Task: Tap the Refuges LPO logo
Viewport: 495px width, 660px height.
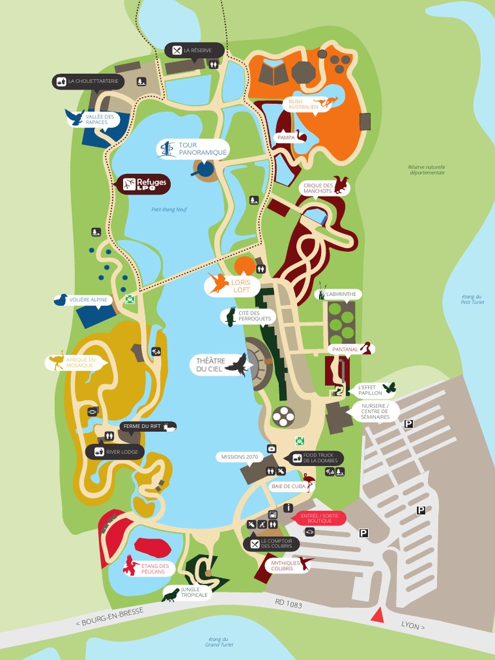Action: pyautogui.click(x=144, y=184)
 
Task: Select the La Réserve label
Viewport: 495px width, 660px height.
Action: pyautogui.click(x=197, y=50)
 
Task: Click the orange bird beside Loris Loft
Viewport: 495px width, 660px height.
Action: pyautogui.click(x=218, y=283)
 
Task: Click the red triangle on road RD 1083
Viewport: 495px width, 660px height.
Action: pyautogui.click(x=378, y=616)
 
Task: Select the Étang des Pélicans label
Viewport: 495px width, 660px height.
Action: pyautogui.click(x=155, y=568)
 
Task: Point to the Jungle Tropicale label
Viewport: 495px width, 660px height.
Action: pyautogui.click(x=194, y=592)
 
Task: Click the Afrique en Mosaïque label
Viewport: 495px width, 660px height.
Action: pyautogui.click(x=81, y=362)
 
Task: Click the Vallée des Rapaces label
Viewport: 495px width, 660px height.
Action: pyautogui.click(x=99, y=119)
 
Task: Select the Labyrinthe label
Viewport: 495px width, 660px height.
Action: pyautogui.click(x=341, y=294)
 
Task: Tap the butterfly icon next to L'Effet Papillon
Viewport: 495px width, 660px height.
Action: pyautogui.click(x=389, y=388)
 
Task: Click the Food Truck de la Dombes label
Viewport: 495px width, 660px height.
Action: pyautogui.click(x=321, y=458)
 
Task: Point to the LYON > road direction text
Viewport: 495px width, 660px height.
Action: pyautogui.click(x=413, y=625)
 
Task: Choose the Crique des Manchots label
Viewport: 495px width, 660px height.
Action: pyautogui.click(x=317, y=188)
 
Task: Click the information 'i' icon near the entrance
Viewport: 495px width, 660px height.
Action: pyautogui.click(x=288, y=508)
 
